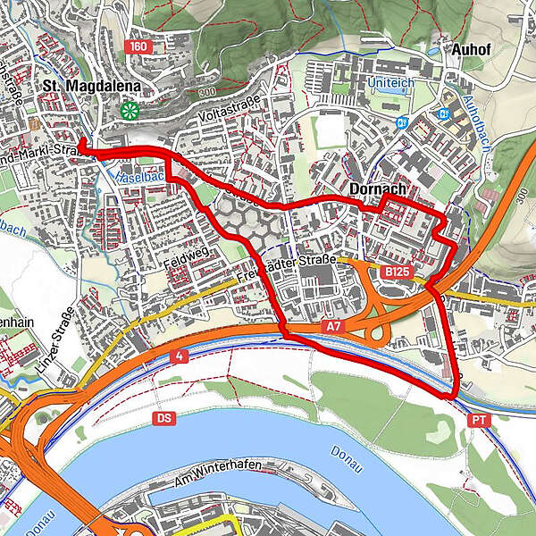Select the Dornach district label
pyautogui.click(x=378, y=189)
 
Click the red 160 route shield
pyautogui.click(x=138, y=46)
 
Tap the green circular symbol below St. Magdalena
pyautogui.click(x=131, y=111)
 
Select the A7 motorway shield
pyautogui.click(x=332, y=328)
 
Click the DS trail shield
pyautogui.click(x=163, y=417)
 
